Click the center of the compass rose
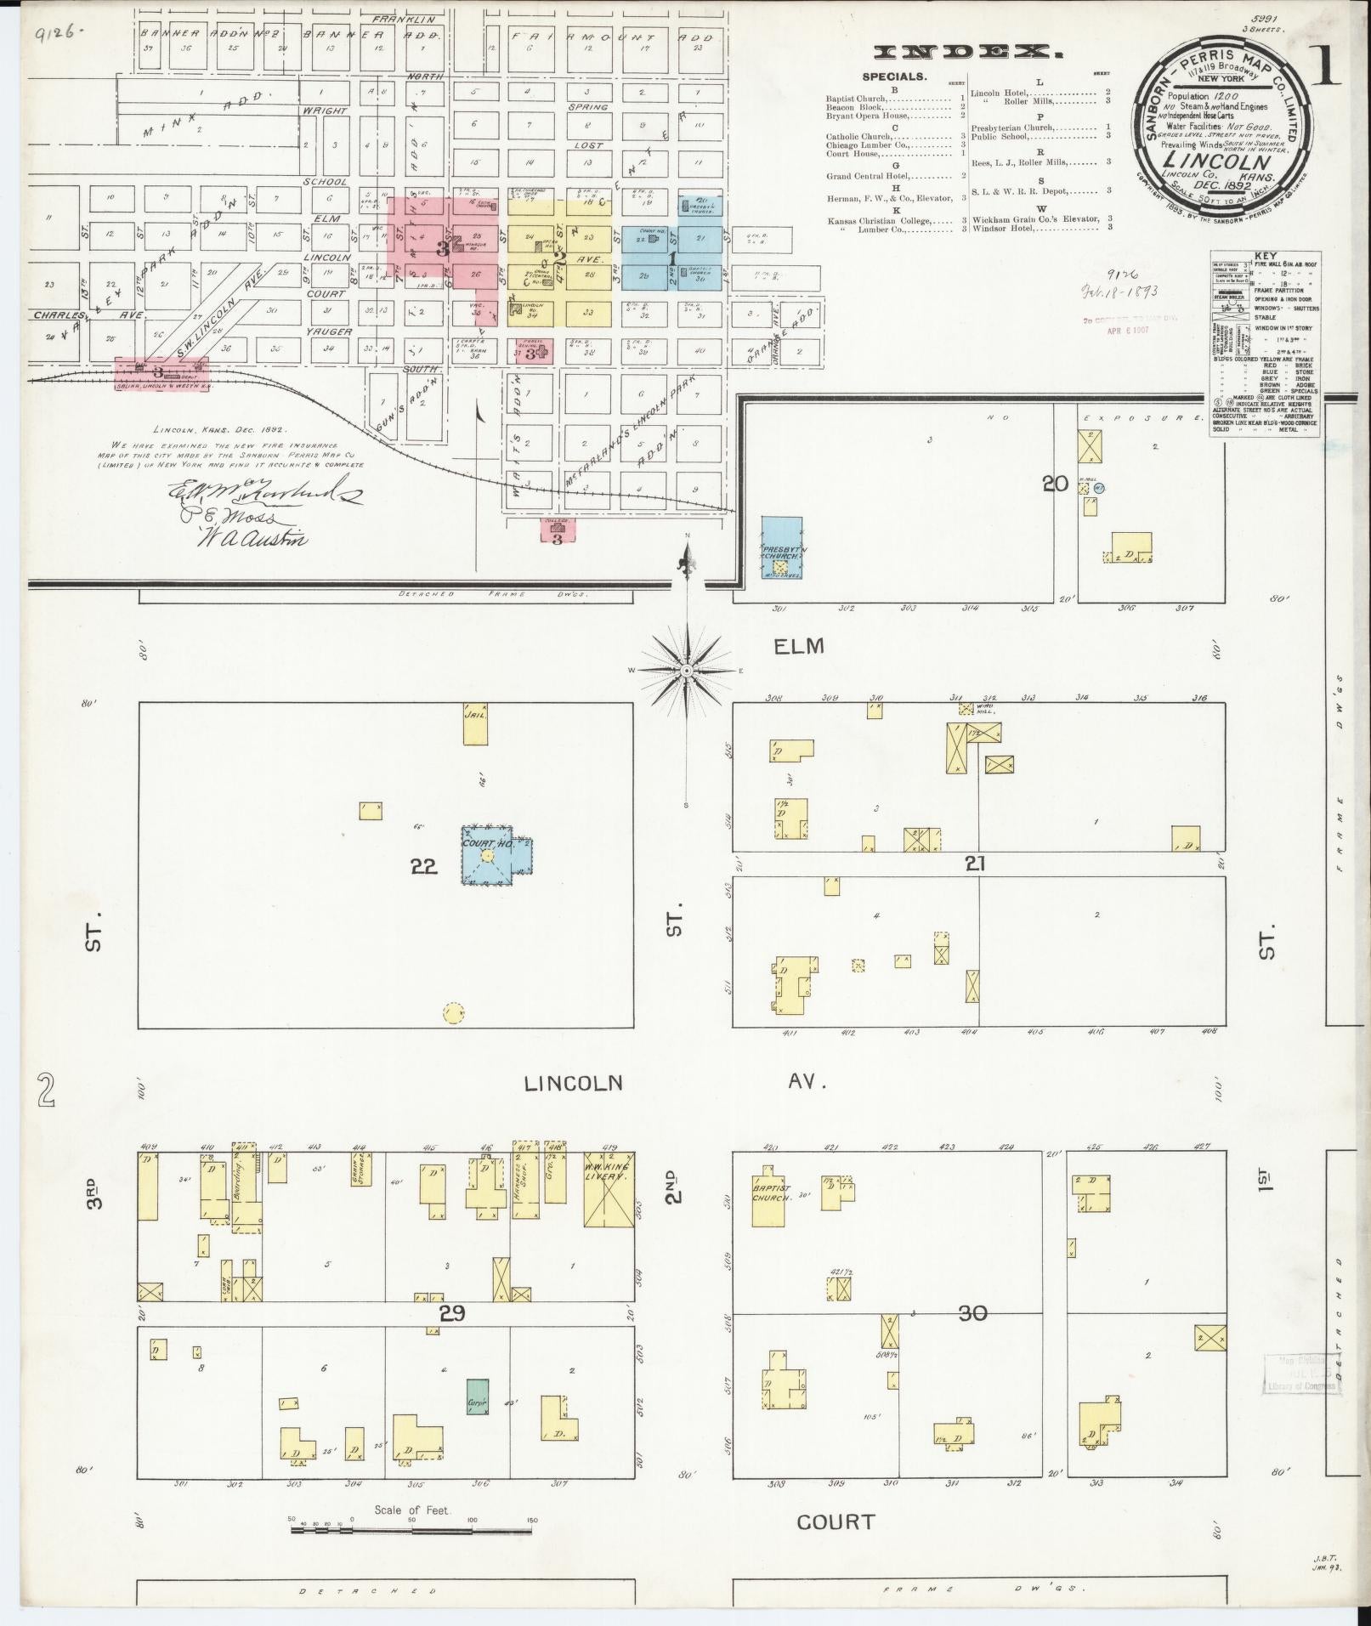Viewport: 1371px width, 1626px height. (686, 671)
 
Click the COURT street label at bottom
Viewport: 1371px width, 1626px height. (836, 1522)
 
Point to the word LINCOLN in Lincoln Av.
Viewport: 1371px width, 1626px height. (573, 1083)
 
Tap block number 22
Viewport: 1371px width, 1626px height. (423, 865)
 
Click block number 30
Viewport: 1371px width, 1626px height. (972, 1314)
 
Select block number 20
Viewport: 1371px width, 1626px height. (1055, 484)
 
